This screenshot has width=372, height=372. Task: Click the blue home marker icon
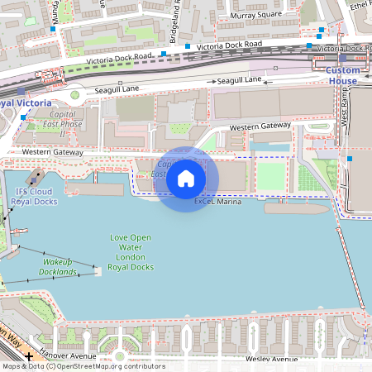click(186, 178)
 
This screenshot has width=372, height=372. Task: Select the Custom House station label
click(341, 76)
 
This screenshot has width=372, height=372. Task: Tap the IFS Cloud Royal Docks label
click(34, 196)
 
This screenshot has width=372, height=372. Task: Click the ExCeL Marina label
click(217, 202)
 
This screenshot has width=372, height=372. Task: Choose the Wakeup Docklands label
click(60, 266)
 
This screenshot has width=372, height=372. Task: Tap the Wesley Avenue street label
click(272, 360)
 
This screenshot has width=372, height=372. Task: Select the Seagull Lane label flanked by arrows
click(240, 80)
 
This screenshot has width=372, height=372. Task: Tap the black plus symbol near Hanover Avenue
click(30, 356)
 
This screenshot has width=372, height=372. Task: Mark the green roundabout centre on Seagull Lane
click(75, 94)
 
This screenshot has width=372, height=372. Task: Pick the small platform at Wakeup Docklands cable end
click(97, 269)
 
